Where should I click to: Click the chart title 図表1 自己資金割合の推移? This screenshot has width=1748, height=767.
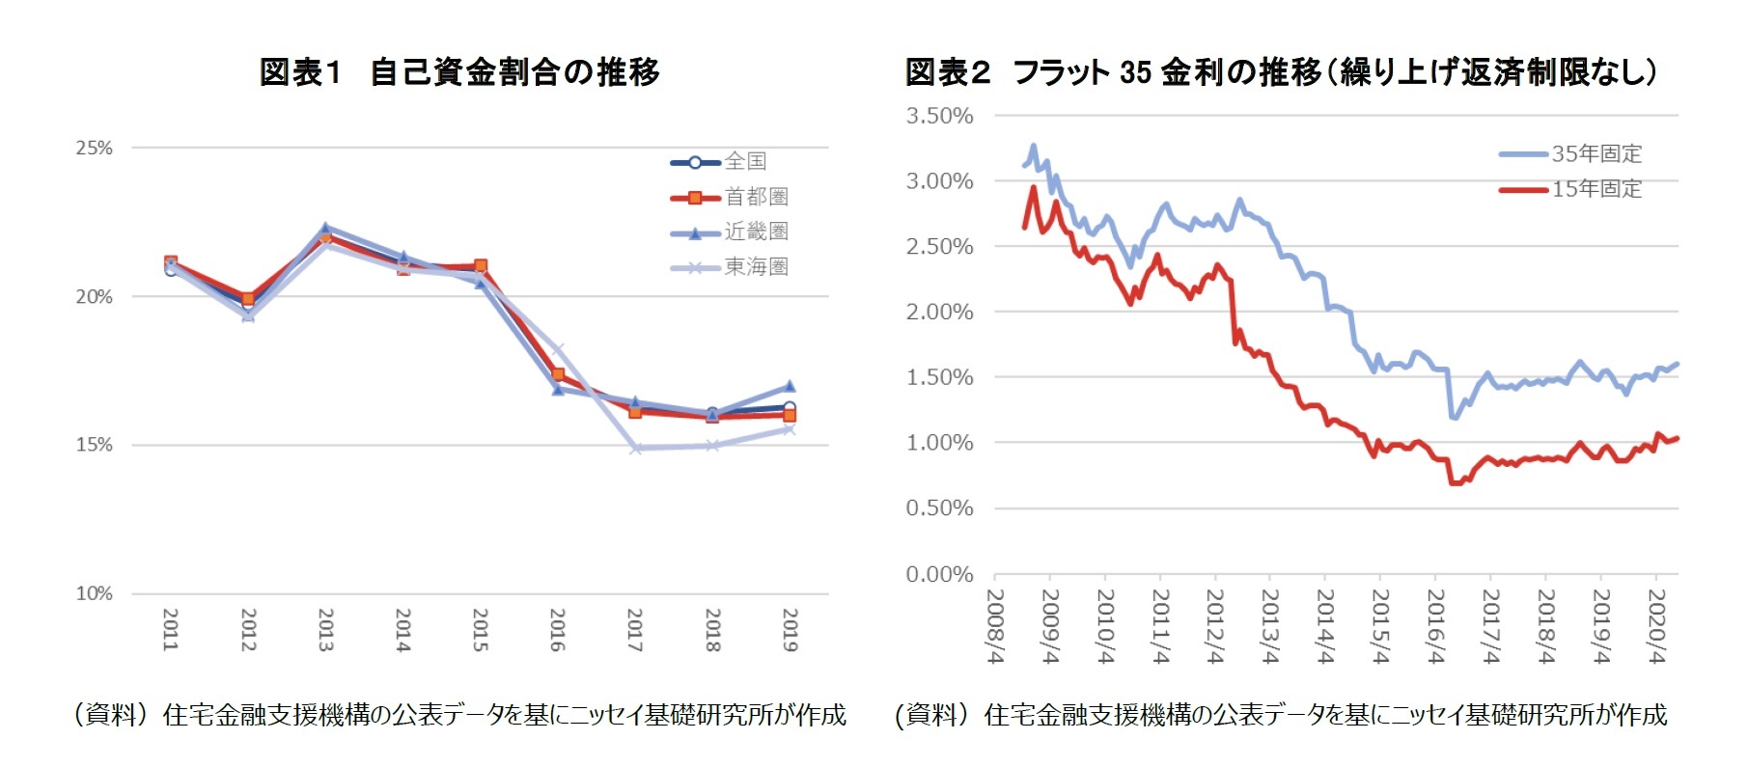click(x=459, y=72)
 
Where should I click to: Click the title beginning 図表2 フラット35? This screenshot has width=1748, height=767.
click(x=1280, y=72)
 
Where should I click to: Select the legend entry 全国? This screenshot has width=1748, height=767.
click(x=745, y=161)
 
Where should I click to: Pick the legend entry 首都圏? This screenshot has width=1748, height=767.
click(x=756, y=197)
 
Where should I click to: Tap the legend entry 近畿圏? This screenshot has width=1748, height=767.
click(x=756, y=232)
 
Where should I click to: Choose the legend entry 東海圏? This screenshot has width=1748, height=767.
click(x=756, y=266)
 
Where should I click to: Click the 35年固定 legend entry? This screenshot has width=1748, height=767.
click(x=1595, y=153)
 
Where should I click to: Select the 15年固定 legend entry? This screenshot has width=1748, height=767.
click(x=1595, y=189)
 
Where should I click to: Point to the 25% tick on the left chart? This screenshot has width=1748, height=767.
click(x=94, y=148)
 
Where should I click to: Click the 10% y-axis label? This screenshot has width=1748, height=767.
click(x=94, y=593)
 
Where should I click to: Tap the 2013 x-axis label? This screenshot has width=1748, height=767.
click(x=325, y=629)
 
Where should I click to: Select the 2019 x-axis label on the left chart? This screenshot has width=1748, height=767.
click(x=790, y=629)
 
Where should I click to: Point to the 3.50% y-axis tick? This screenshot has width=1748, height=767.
click(x=938, y=116)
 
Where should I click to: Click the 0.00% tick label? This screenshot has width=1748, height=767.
click(x=938, y=575)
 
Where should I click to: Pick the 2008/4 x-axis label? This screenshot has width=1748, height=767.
click(x=995, y=625)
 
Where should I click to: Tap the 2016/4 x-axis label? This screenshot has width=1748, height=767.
click(x=1436, y=625)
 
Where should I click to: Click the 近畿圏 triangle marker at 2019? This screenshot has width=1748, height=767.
click(x=790, y=386)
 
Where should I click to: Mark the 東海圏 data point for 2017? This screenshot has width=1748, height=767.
click(x=635, y=448)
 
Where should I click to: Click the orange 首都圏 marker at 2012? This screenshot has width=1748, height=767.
click(x=248, y=299)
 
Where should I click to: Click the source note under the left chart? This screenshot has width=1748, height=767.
click(x=459, y=715)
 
